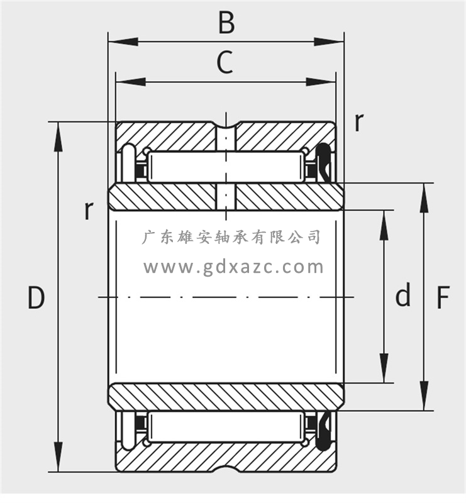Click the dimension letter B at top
click(226, 23)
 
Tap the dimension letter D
click(36, 297)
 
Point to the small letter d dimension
click(403, 295)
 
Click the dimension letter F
click(443, 297)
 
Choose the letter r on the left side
click(89, 210)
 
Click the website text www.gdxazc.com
click(233, 267)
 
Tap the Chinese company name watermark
click(232, 237)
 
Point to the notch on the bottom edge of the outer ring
click(226, 470)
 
